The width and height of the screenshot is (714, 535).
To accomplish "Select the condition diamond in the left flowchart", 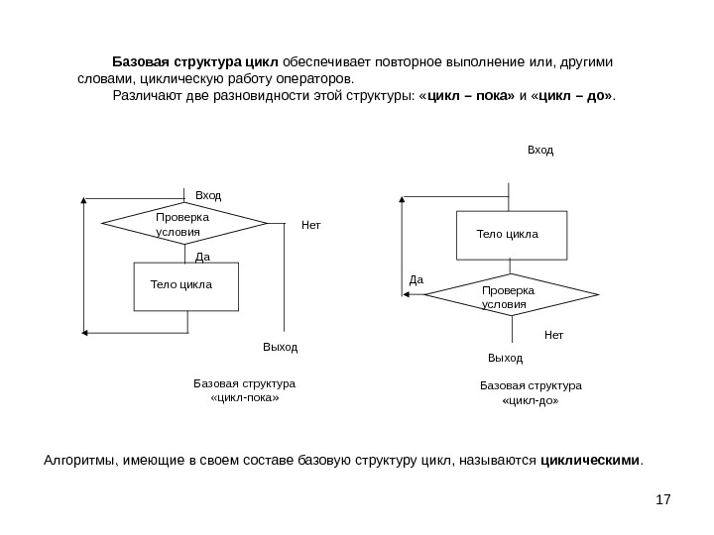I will pos(183,225).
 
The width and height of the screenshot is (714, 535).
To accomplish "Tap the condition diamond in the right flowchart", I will pos(511,297).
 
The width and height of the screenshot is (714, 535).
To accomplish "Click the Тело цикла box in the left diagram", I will pos(185,286).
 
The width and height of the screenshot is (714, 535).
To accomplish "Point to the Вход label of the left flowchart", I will pos(208,196).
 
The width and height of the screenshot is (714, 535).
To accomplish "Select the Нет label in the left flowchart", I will pos(311,225).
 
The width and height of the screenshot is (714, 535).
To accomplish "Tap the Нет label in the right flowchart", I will pos(553,336).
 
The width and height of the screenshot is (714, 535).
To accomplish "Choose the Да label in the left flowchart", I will pos(203,256).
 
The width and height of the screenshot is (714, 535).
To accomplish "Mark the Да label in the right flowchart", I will pos(416,280).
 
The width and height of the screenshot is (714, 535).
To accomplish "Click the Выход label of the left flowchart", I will pos(280,348).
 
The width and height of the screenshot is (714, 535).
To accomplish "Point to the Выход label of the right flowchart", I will pos(505,357).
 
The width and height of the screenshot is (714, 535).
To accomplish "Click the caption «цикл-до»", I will pos(532,403).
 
